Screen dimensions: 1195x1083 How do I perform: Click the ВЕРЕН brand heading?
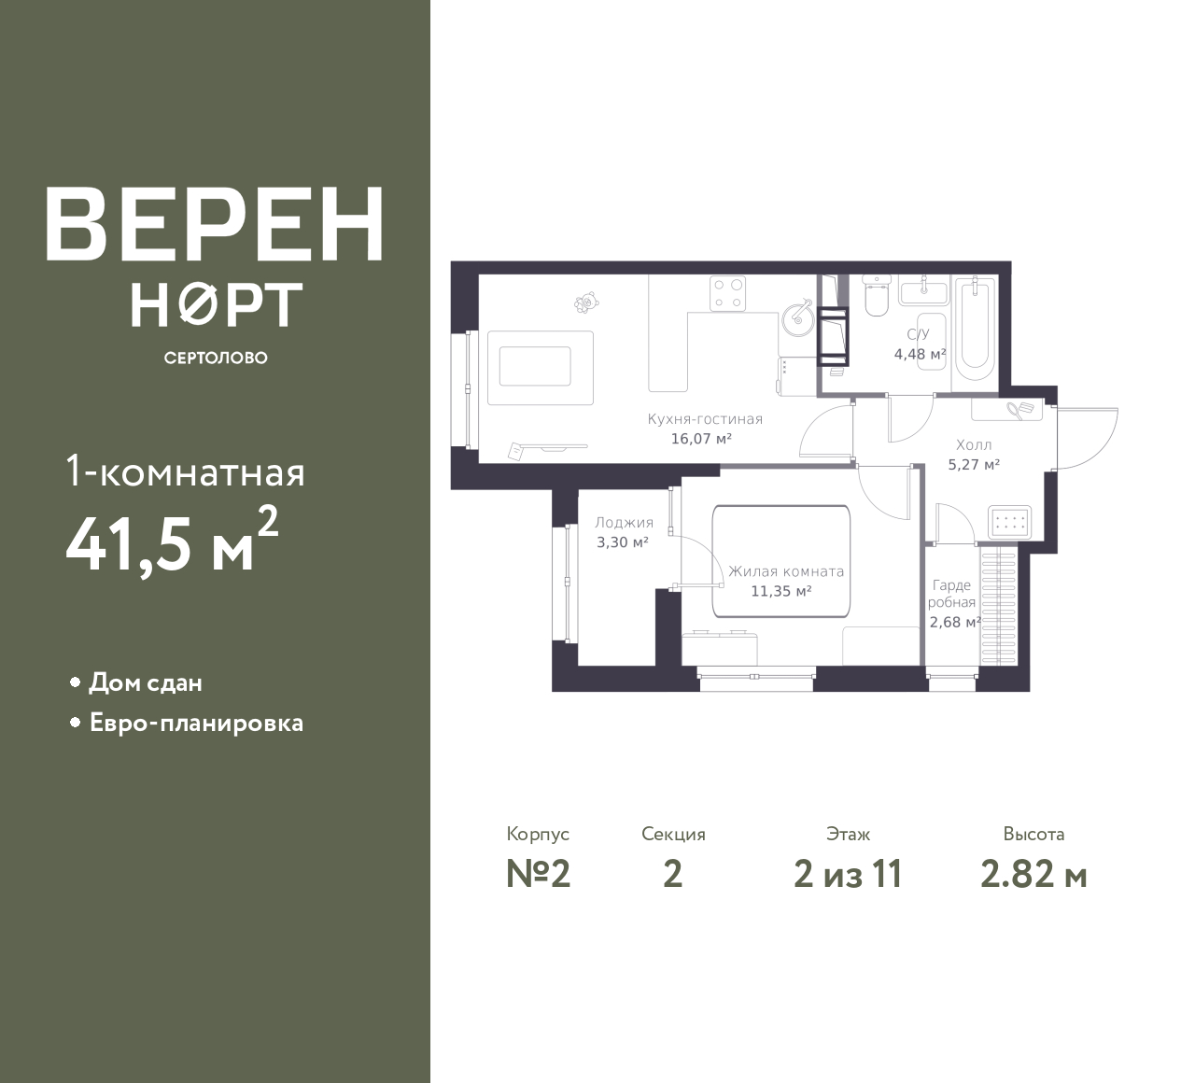215,224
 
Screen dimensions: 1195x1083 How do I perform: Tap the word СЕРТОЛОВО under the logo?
216,358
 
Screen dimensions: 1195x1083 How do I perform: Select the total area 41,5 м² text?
172,541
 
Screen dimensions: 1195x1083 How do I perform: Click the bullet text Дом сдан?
146,682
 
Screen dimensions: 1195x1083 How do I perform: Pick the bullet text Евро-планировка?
196,724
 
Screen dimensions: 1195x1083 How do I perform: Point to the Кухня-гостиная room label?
705,419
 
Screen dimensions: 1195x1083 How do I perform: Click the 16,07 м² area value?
701,439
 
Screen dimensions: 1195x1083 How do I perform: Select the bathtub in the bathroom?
975,329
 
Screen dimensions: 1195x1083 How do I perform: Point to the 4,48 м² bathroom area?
920,355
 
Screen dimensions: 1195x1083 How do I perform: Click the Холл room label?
974,445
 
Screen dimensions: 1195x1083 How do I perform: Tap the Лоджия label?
624,523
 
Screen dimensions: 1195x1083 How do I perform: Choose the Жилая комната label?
786,572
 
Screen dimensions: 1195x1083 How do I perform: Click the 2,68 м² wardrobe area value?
955,623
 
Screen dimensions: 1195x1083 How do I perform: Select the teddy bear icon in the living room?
586,302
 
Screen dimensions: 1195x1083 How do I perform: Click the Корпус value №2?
538,875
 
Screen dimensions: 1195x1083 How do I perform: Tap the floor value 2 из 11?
848,875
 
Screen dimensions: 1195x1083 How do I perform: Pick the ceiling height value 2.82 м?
1033,875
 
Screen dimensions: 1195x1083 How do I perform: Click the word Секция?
673,835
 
